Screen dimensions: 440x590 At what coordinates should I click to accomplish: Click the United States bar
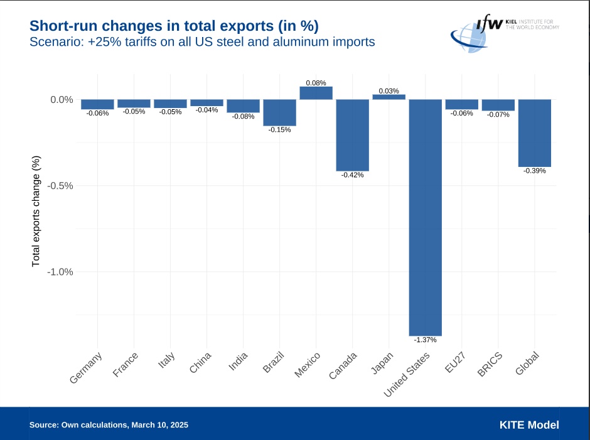[425, 217]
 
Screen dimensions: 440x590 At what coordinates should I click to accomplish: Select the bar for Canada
[352, 135]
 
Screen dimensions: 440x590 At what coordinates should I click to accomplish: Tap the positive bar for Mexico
[316, 93]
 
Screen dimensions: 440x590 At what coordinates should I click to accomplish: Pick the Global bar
[534, 133]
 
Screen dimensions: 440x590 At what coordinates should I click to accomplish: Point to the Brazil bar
[279, 112]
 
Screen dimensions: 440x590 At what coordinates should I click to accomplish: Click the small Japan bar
[389, 97]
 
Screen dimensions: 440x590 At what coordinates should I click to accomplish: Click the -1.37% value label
[425, 340]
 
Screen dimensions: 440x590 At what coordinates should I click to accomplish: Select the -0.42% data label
[352, 174]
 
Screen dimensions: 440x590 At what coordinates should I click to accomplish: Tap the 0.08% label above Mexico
[316, 83]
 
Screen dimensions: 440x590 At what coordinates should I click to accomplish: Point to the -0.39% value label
[534, 171]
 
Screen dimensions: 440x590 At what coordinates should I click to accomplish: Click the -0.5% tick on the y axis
[61, 186]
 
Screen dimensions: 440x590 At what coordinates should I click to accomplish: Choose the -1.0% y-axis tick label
[61, 272]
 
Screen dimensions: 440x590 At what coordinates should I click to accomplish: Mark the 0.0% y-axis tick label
[62, 100]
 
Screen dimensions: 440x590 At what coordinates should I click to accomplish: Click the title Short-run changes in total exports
[174, 26]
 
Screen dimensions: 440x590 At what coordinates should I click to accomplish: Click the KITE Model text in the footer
[528, 425]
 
